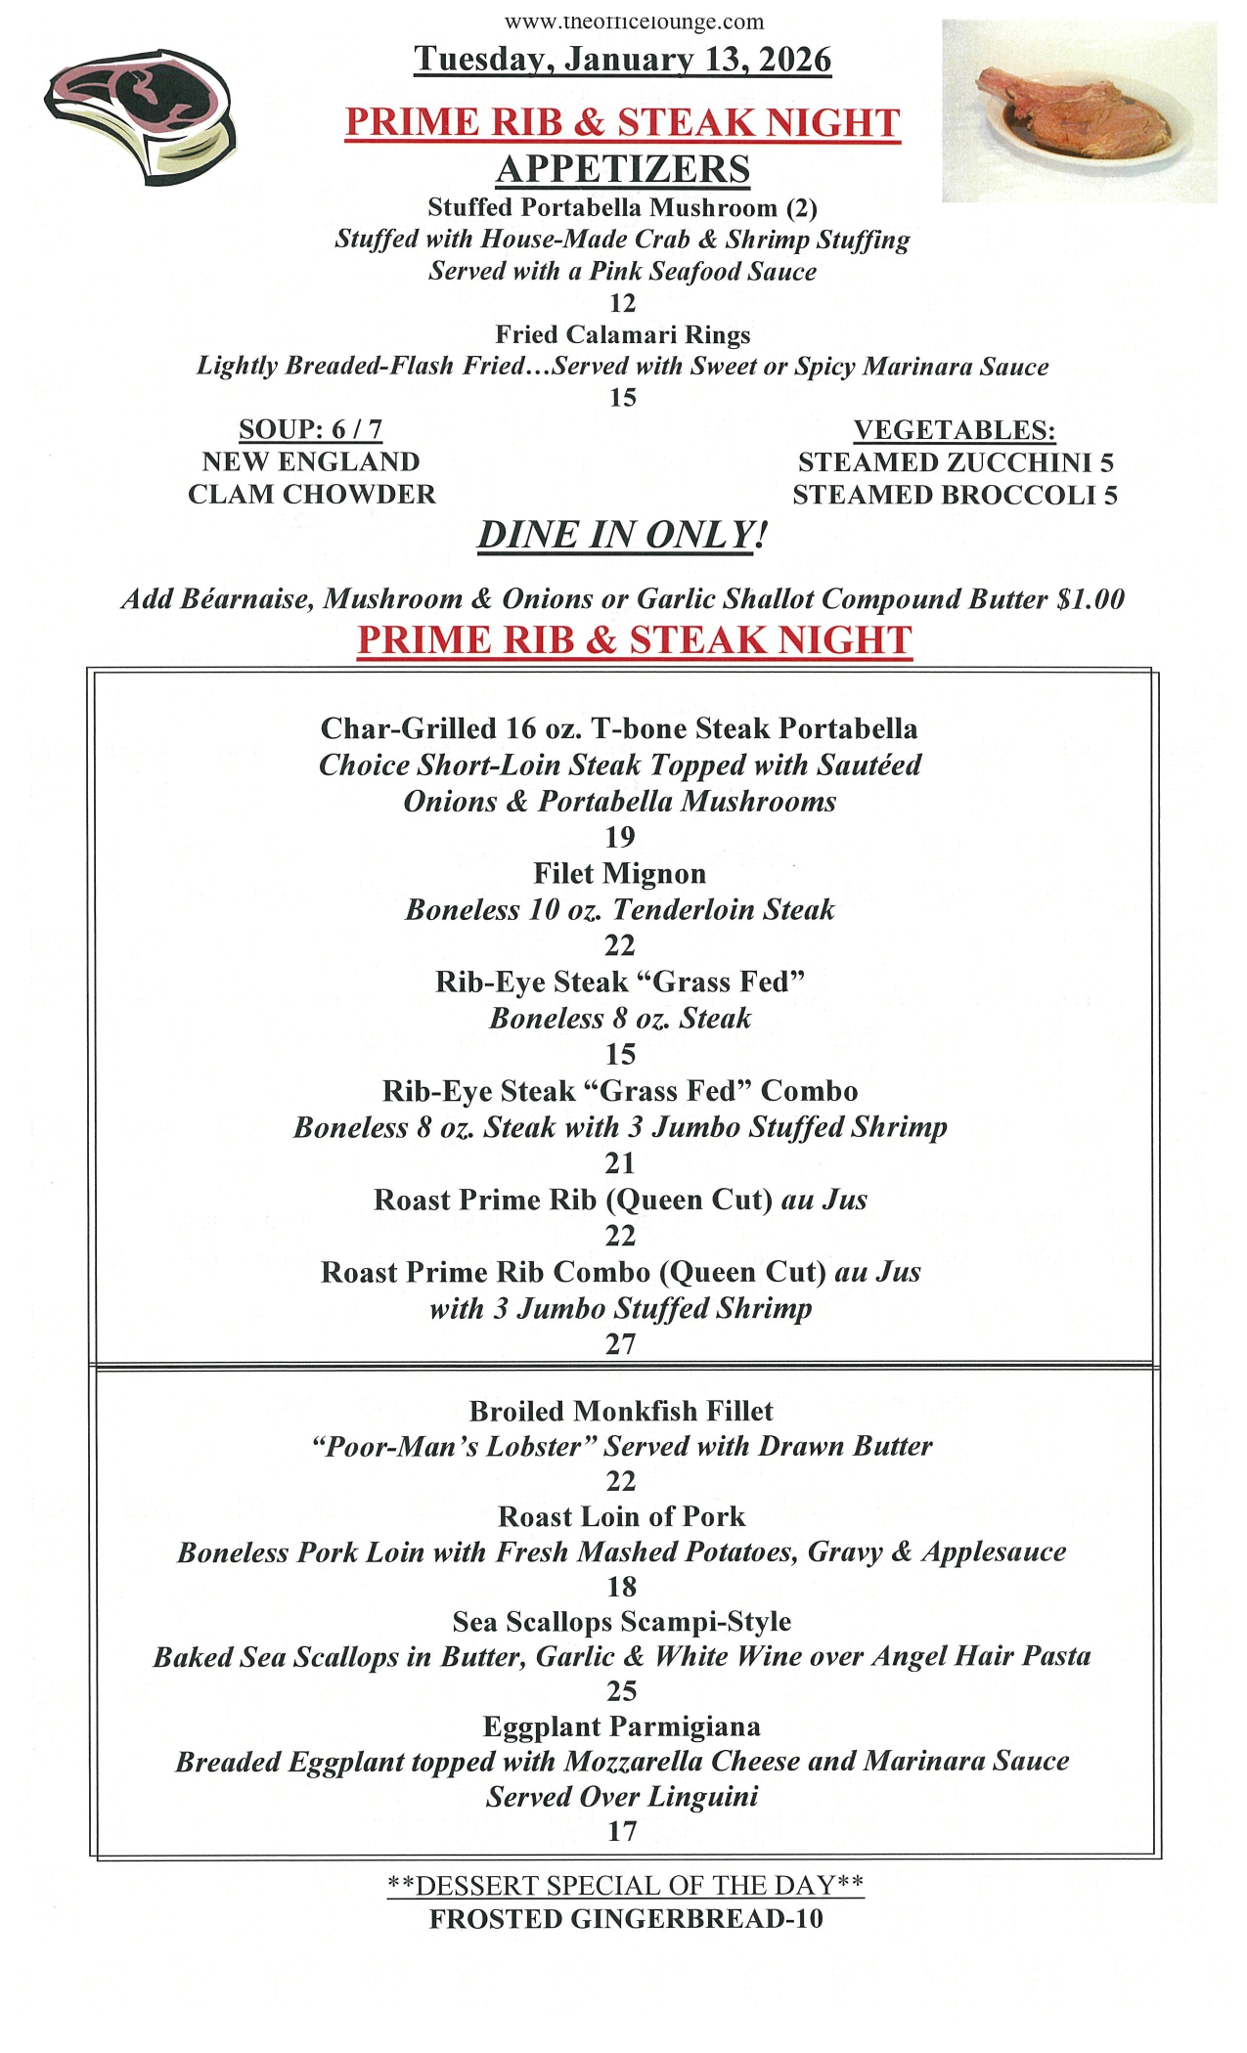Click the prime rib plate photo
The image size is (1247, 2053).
pyautogui.click(x=1079, y=110)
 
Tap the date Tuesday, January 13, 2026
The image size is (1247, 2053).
pyautogui.click(x=622, y=60)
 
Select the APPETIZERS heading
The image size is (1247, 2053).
pyautogui.click(x=622, y=169)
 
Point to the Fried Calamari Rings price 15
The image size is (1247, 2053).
pyautogui.click(x=622, y=397)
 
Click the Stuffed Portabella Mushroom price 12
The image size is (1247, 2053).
pyautogui.click(x=622, y=303)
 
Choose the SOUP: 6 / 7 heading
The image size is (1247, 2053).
pyautogui.click(x=310, y=429)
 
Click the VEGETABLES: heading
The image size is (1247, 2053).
pyautogui.click(x=954, y=430)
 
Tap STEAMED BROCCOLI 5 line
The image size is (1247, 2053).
pyautogui.click(x=954, y=495)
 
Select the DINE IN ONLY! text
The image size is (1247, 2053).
pyautogui.click(x=622, y=536)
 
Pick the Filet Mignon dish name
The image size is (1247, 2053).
pyautogui.click(x=619, y=873)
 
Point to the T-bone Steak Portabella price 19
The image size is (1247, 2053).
pyautogui.click(x=620, y=837)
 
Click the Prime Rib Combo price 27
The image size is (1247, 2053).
pyautogui.click(x=621, y=1344)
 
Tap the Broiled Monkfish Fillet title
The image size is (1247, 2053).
pyautogui.click(x=621, y=1411)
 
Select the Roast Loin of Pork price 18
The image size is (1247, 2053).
pyautogui.click(x=622, y=1587)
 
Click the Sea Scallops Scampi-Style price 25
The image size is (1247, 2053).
pyautogui.click(x=622, y=1691)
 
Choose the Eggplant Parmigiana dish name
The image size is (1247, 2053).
pyautogui.click(x=622, y=1726)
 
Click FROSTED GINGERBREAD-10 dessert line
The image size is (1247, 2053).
pyautogui.click(x=626, y=1919)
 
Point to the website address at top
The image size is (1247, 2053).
pyautogui.click(x=634, y=22)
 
